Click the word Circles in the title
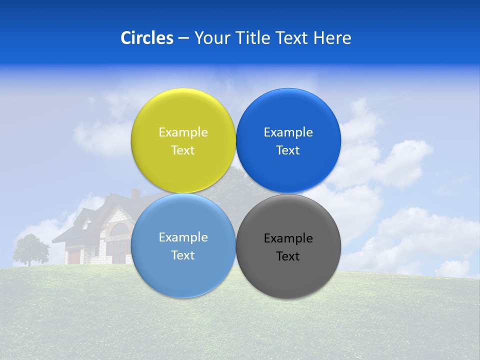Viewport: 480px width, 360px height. [x=146, y=38]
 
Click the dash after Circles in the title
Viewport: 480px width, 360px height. [x=183, y=38]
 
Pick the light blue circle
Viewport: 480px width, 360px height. [x=183, y=270]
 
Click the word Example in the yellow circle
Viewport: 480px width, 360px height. [x=183, y=132]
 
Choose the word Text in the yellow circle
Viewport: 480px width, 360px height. [x=183, y=150]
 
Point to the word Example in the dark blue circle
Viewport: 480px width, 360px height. [x=288, y=132]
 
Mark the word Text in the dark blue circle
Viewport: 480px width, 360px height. [x=288, y=150]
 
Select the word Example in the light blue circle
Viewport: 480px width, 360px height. [x=183, y=237]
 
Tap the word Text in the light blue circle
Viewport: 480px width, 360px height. [x=183, y=255]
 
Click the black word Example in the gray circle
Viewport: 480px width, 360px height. [x=288, y=238]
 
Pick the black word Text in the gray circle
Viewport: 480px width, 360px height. [x=288, y=256]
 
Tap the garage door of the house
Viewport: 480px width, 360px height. [x=74, y=257]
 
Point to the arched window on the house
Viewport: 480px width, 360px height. [x=119, y=230]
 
